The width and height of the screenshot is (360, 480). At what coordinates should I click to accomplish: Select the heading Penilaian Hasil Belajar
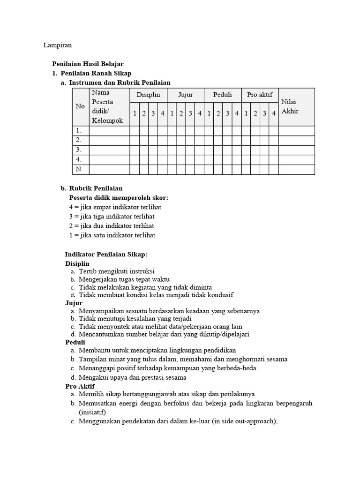coord(87,64)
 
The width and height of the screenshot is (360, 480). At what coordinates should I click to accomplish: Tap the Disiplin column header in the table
coord(148,95)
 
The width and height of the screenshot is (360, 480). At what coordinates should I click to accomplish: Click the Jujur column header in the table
coord(185,95)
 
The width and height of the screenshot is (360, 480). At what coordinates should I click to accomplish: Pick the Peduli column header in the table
coord(223,95)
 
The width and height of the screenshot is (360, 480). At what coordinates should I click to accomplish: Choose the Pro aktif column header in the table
coord(260,95)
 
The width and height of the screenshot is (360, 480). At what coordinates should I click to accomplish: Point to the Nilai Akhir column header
coord(290,106)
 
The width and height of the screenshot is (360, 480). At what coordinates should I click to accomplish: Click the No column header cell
coord(80,106)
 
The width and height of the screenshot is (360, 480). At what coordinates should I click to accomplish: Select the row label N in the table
coord(79,169)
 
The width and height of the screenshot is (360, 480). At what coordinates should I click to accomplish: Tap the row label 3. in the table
coord(79,150)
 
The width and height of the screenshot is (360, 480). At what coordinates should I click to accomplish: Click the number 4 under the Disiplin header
coord(162,113)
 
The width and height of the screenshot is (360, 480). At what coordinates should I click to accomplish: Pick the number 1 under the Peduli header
coord(209,113)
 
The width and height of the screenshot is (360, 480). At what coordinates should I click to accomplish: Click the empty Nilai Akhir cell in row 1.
coord(296,131)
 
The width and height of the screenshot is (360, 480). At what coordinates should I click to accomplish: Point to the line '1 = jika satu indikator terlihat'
coord(112,235)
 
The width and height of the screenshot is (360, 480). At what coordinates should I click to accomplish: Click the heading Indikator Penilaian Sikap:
coord(106,254)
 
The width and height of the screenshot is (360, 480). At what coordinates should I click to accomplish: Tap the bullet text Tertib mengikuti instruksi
coord(117,271)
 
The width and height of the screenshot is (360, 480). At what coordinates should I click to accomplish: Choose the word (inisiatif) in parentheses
coord(92,412)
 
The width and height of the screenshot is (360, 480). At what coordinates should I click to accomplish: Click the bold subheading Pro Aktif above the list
coord(80,386)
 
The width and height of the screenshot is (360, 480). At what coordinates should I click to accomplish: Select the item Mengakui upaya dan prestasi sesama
coord(133,377)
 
